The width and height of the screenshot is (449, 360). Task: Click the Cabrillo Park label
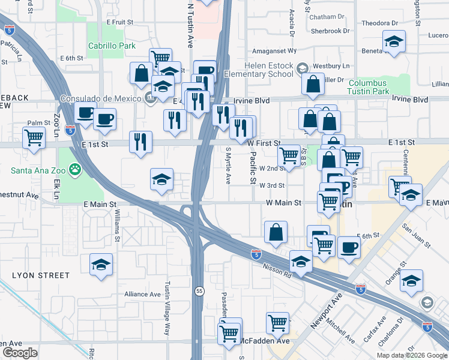tap(112, 46)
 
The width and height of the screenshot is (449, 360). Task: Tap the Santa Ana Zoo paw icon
tap(75, 170)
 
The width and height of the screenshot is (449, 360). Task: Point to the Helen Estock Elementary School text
tap(268, 70)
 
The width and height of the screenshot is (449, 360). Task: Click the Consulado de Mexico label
tap(100, 98)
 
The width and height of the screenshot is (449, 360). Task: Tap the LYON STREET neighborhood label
tap(41, 275)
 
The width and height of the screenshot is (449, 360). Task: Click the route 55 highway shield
tap(199, 291)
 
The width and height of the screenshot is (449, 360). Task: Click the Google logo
tap(19, 352)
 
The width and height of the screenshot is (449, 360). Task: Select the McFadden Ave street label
tap(265, 341)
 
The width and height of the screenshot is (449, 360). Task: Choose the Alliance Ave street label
tap(142, 295)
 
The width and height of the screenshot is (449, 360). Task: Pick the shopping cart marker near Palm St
tap(34, 137)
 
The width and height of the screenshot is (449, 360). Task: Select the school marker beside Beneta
tap(394, 42)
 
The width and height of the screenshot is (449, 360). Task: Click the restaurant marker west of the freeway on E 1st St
tap(140, 143)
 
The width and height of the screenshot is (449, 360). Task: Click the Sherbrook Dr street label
tap(330, 31)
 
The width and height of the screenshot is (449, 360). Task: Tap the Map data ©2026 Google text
tap(411, 355)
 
